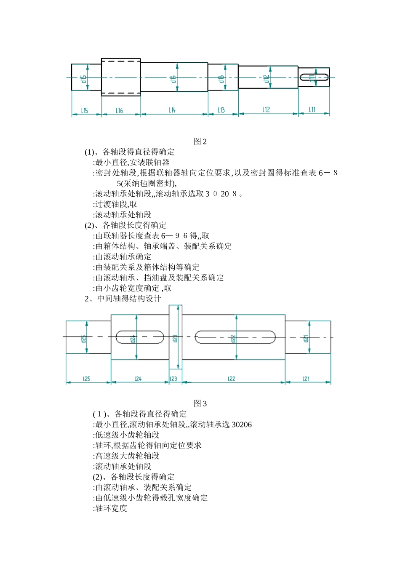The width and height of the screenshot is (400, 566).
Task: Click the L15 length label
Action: point(85,110)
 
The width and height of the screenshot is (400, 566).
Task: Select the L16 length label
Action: point(120,110)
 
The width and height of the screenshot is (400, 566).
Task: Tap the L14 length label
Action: point(172,110)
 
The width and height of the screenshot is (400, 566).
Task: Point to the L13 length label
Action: point(221,110)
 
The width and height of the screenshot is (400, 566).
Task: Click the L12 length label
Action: point(266,109)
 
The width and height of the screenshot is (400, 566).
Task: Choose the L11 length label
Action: point(312,109)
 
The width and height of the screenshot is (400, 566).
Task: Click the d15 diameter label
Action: point(84,78)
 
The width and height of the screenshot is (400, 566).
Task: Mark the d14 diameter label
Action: point(173,78)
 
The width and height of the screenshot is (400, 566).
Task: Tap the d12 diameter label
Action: point(266,78)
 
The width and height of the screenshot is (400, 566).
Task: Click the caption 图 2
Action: point(200,141)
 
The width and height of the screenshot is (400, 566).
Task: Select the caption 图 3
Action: point(200,403)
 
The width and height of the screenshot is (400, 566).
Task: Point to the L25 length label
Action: point(86,379)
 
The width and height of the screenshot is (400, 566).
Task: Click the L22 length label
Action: point(232,379)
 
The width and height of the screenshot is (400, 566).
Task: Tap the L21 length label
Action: point(306,379)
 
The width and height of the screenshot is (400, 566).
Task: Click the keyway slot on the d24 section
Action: point(140,337)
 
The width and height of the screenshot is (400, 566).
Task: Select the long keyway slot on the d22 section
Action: point(235,337)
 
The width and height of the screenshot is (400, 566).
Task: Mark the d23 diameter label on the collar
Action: point(175,338)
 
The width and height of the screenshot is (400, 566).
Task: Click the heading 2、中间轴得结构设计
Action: point(123,299)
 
